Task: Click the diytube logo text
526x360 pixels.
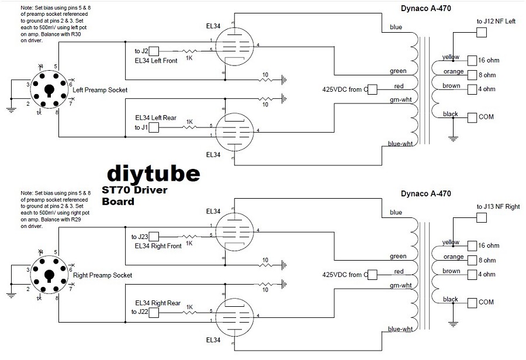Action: (154, 173)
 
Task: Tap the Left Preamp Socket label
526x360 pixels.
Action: (99, 89)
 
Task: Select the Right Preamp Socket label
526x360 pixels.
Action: (102, 275)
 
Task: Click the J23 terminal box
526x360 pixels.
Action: (154, 237)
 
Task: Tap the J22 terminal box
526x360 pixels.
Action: (154, 313)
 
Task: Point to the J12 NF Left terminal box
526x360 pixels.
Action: (482, 33)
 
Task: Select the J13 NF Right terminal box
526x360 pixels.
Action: (482, 218)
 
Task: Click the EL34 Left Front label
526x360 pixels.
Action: (155, 61)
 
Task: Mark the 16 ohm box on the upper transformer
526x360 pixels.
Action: (472, 60)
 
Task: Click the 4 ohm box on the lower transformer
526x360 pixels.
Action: (472, 274)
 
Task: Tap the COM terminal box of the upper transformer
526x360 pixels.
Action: (472, 117)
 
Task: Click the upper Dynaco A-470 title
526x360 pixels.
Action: (425, 8)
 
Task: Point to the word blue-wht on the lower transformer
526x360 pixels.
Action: (400, 329)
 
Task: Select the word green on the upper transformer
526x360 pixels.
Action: (398, 71)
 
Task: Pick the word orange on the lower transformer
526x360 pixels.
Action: (453, 257)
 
